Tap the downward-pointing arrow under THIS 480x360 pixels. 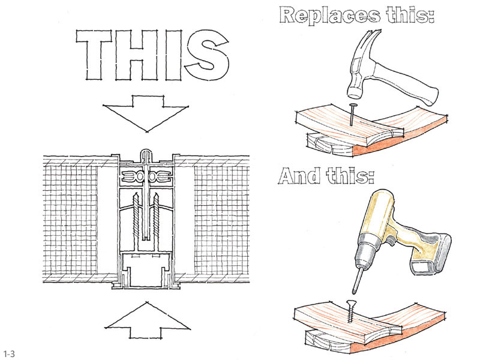146,113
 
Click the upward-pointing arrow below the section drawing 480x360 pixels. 147,320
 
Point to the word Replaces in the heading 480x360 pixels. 329,16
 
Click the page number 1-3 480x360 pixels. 8,354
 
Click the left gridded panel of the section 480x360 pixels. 70,220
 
